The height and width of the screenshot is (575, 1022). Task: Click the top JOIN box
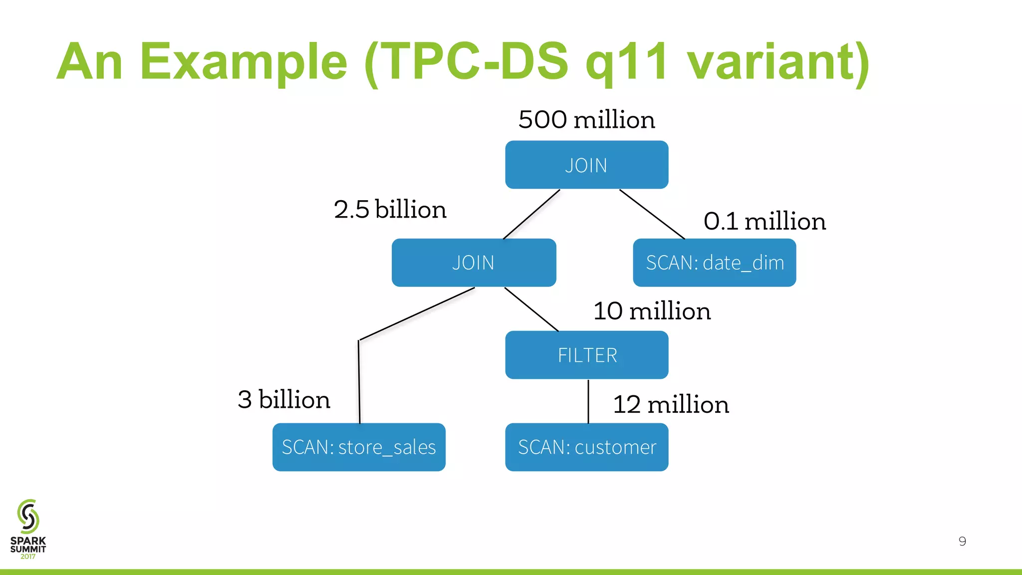pos(586,165)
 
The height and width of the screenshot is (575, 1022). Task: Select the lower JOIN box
pos(474,263)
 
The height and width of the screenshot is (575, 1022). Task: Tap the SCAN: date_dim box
pos(714,263)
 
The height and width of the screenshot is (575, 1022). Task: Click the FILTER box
pos(586,355)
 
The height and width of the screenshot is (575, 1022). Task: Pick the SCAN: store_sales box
pos(359,447)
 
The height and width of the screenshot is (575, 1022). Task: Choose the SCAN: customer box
pos(586,447)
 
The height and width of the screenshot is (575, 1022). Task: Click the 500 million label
pos(586,120)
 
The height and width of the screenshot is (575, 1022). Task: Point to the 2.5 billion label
pos(390,209)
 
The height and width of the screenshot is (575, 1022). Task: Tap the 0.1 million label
pos(764,221)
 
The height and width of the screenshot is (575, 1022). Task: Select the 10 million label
pos(652,311)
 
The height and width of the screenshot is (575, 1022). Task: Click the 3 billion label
pos(283,399)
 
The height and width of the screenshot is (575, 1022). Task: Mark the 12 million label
pos(671,404)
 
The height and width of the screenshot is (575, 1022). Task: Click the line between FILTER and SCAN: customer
pos(588,401)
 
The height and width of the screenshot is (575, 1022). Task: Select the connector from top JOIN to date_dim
pos(652,214)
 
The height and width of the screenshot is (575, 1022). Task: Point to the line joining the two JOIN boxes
pos(531,214)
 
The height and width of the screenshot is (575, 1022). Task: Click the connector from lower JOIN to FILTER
pos(531,309)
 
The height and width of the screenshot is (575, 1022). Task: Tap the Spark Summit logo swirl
pos(28,516)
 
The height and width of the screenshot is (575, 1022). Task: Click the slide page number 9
pos(962,541)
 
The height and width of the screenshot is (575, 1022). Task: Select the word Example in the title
pos(243,62)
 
